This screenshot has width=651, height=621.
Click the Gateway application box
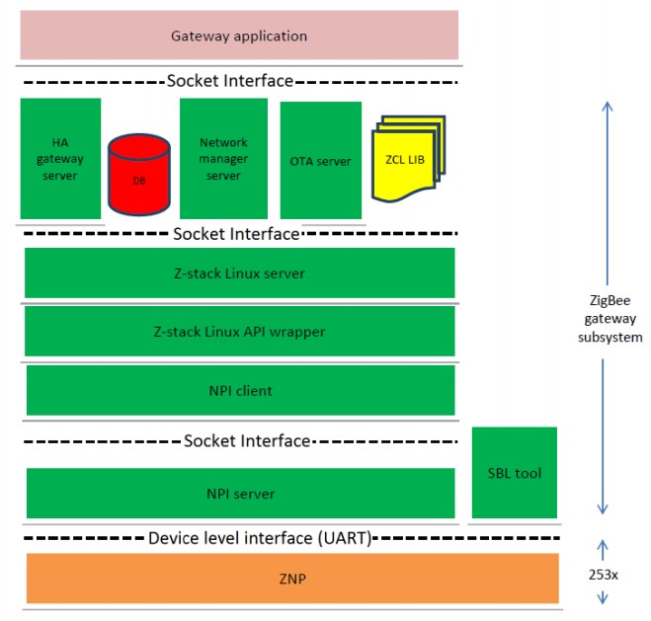pos(239,36)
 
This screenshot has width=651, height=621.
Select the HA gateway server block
pos(60,158)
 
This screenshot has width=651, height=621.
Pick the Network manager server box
pos(223,158)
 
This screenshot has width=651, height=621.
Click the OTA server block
pos(320,160)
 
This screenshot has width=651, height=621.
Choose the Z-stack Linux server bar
pos(239,272)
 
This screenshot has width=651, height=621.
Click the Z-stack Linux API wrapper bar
pos(239,331)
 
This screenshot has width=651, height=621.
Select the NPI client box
pos(239,391)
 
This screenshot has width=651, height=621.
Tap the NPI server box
pos(239,494)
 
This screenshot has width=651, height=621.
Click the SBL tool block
pos(515,473)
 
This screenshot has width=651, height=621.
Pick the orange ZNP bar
pos(291,578)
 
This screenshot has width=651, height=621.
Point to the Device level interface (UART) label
pos(260,538)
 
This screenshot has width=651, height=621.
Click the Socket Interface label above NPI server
pos(248,440)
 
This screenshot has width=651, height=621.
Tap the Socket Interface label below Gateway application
pos(230,80)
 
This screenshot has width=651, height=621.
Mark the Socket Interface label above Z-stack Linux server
pos(235,234)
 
